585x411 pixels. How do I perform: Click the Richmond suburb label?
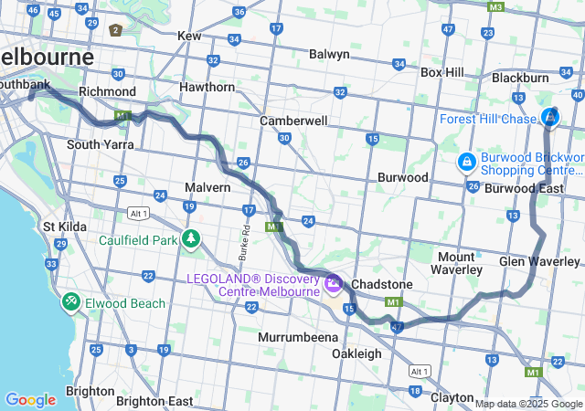tap(107, 91)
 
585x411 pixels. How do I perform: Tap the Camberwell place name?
tap(293, 120)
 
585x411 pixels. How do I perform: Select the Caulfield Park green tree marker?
tap(191, 240)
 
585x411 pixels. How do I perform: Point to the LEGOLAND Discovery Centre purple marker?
tap(334, 284)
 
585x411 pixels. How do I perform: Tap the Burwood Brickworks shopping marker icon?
tap(467, 163)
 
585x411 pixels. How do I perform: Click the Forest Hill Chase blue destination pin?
tap(550, 118)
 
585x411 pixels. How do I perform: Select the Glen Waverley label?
tap(539, 261)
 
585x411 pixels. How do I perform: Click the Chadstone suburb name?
tap(382, 284)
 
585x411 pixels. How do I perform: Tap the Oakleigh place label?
tap(356, 353)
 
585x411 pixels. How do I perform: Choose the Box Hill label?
tap(442, 72)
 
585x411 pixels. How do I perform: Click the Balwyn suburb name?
tap(329, 54)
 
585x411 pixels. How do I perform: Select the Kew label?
tap(189, 36)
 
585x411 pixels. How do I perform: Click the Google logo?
tap(30, 399)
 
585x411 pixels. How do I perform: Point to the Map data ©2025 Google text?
tap(527, 404)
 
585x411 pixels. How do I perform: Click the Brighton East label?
tap(154, 401)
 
